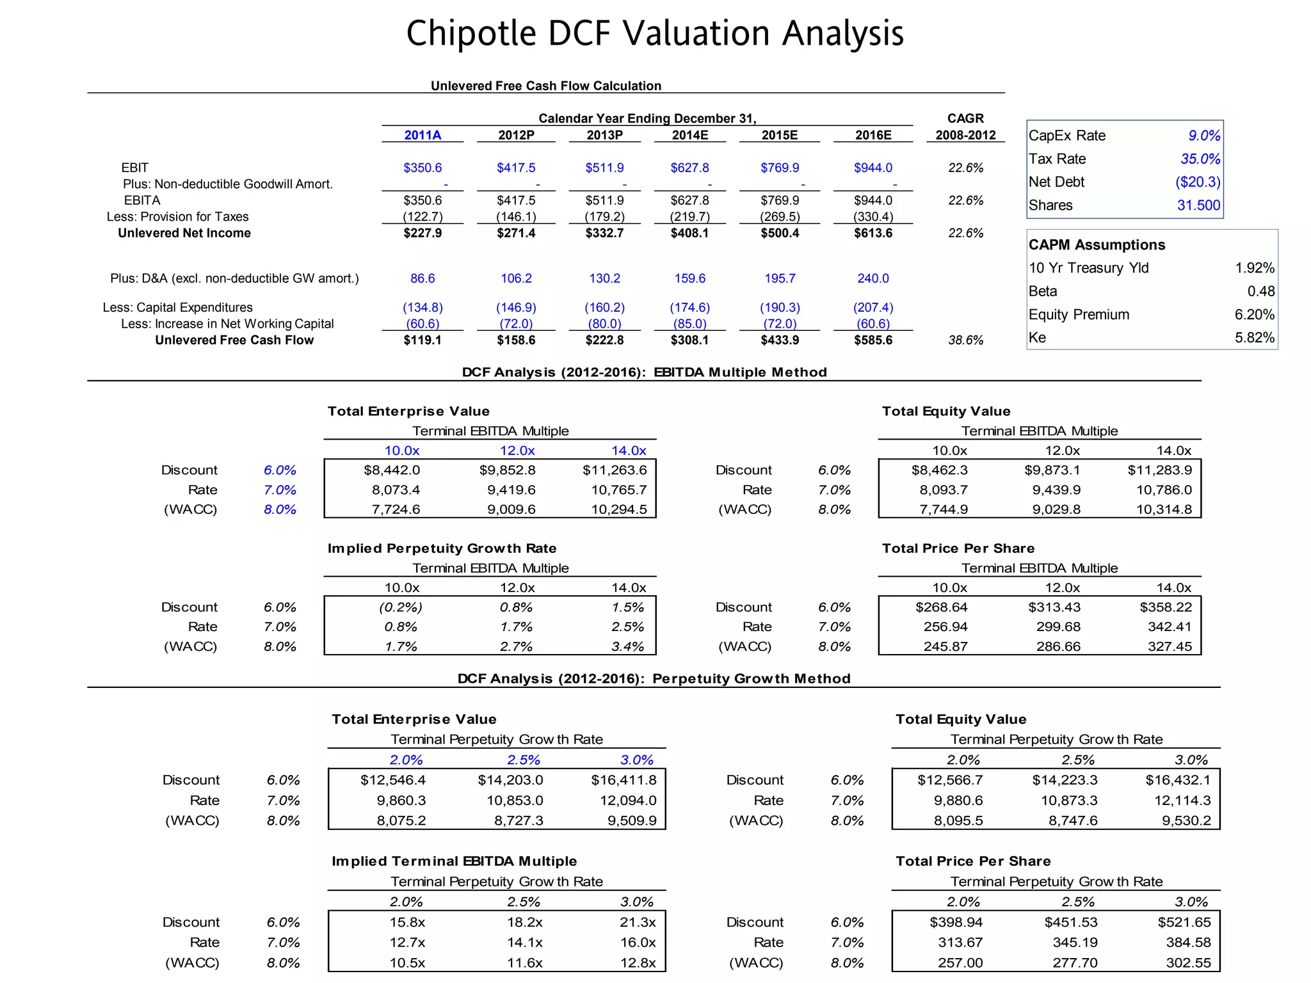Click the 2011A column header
422,135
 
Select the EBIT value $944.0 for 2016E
873,168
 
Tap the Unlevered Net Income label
184,233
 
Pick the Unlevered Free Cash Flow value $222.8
604,340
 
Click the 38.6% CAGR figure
965,340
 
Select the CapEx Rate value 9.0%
1203,136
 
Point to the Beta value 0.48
1260,291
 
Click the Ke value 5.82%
1254,337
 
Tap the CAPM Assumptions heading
1097,244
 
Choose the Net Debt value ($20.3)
1197,182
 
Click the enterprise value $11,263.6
615,470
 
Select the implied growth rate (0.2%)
401,607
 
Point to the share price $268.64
941,607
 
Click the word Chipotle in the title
471,33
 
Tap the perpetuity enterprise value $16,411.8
623,779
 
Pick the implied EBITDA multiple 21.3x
638,922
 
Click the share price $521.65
1184,922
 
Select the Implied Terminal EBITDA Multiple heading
454,861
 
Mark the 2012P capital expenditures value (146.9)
516,307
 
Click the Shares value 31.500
1198,205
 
